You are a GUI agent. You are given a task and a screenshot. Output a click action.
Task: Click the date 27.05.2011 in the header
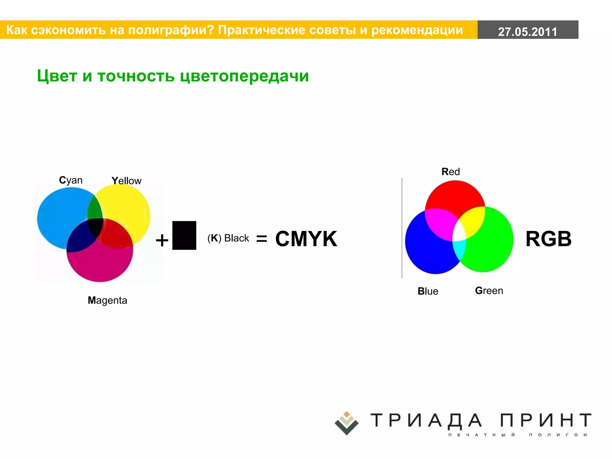[x=527, y=31]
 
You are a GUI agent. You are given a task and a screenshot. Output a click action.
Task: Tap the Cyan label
[x=71, y=180]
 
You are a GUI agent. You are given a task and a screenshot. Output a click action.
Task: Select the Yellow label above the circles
[x=126, y=181]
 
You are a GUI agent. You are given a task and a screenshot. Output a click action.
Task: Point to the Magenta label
[x=107, y=300]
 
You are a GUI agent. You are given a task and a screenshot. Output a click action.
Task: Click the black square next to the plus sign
[x=184, y=235]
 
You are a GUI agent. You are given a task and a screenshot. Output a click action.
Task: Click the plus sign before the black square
[x=162, y=240]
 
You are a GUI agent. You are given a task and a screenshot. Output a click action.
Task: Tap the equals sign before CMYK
[x=261, y=238]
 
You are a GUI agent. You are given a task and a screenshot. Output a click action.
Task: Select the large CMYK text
[x=306, y=239]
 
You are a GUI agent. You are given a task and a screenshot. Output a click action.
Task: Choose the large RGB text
[x=548, y=239]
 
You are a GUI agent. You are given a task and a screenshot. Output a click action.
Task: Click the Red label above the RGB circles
[x=451, y=172]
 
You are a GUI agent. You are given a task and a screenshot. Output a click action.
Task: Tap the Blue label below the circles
[x=428, y=291]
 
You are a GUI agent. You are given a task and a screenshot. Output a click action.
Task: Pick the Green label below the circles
[x=489, y=291]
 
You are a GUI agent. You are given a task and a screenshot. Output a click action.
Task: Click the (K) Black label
[x=228, y=238]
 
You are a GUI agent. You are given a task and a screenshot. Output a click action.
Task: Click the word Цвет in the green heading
[x=57, y=76]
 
